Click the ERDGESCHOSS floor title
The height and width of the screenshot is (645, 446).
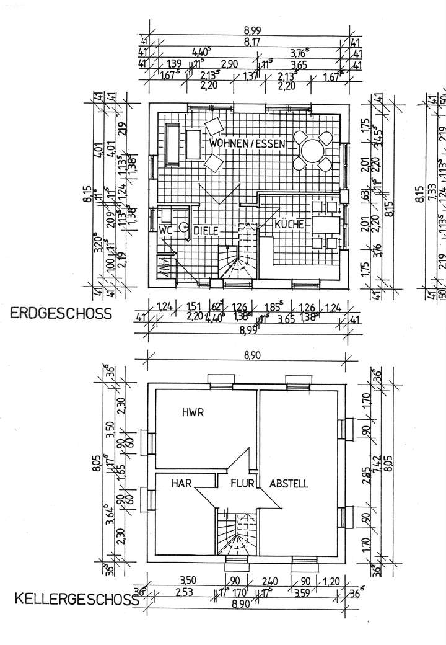[61, 314]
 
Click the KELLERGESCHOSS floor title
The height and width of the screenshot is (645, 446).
[75, 600]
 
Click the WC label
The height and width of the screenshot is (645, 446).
[165, 229]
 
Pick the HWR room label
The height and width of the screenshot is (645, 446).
[193, 412]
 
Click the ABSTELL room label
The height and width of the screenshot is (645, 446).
[289, 484]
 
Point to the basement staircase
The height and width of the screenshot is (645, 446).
[236, 533]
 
